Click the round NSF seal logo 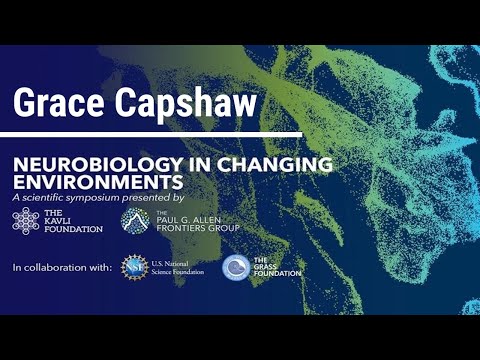point(134,267)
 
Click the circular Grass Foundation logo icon point(236,267)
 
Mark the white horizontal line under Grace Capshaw point(150,131)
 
